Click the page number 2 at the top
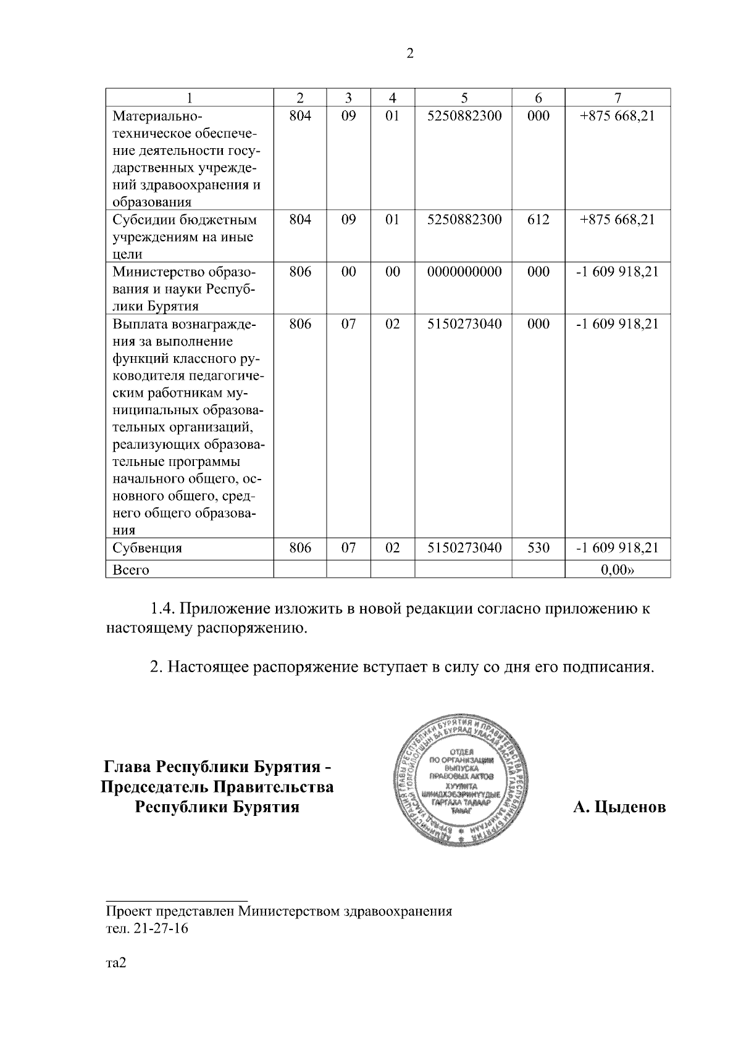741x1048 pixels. point(410,54)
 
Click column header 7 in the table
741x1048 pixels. point(617,98)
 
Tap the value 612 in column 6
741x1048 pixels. point(538,220)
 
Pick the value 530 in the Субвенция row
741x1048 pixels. point(538,547)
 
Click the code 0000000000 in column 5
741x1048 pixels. point(464,272)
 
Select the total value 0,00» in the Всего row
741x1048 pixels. point(617,570)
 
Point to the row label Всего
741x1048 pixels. point(131,570)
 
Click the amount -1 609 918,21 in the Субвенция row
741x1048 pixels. point(617,547)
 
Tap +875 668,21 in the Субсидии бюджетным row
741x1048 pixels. point(617,220)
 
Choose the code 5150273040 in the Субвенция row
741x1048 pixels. point(464,547)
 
